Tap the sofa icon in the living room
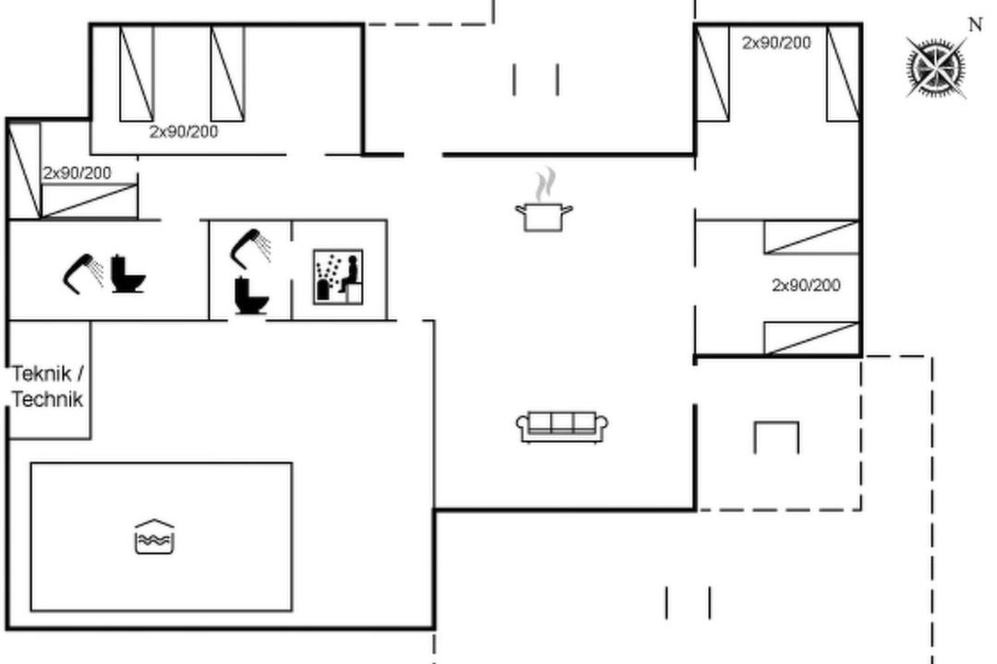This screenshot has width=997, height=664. [562, 426]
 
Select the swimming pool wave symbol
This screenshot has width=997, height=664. [154, 537]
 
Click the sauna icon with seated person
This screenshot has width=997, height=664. [338, 277]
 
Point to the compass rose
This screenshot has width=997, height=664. [935, 66]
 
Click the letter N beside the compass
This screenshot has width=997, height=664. [975, 24]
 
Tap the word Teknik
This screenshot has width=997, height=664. [42, 373]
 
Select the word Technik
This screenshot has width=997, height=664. [48, 399]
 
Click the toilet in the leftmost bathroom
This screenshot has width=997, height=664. [127, 274]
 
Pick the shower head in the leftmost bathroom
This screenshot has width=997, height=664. [83, 274]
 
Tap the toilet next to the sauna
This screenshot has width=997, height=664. [251, 295]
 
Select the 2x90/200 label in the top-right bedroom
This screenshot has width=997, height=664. [776, 42]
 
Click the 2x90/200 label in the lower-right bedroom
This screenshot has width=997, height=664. [806, 285]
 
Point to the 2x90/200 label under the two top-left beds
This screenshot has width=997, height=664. [184, 132]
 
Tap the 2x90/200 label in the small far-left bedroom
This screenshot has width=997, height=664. [77, 172]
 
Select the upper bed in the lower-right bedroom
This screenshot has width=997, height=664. [811, 238]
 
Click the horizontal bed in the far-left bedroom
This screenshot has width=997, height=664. [89, 201]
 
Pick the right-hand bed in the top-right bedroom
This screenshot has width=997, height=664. [844, 73]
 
